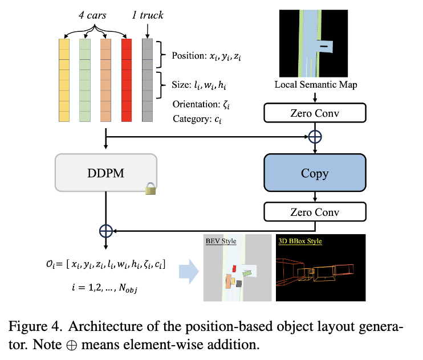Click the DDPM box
[x=106, y=173]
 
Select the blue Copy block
[x=315, y=173]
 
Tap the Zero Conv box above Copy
[x=315, y=113]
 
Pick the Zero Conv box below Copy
[x=315, y=212]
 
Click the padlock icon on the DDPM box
[x=151, y=189]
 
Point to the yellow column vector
[x=64, y=80]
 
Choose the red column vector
[x=127, y=80]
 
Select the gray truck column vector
[x=147, y=80]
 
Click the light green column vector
[x=85, y=80]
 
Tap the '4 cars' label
[x=92, y=15]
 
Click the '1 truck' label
[x=148, y=15]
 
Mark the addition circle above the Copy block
[x=315, y=137]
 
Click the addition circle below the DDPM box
[x=106, y=231]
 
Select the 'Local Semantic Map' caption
[x=316, y=85]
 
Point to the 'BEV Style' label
[x=221, y=241]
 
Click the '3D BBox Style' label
[x=300, y=241]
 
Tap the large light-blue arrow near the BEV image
[x=189, y=272]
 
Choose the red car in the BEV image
[x=234, y=268]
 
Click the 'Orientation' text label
[x=196, y=104]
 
